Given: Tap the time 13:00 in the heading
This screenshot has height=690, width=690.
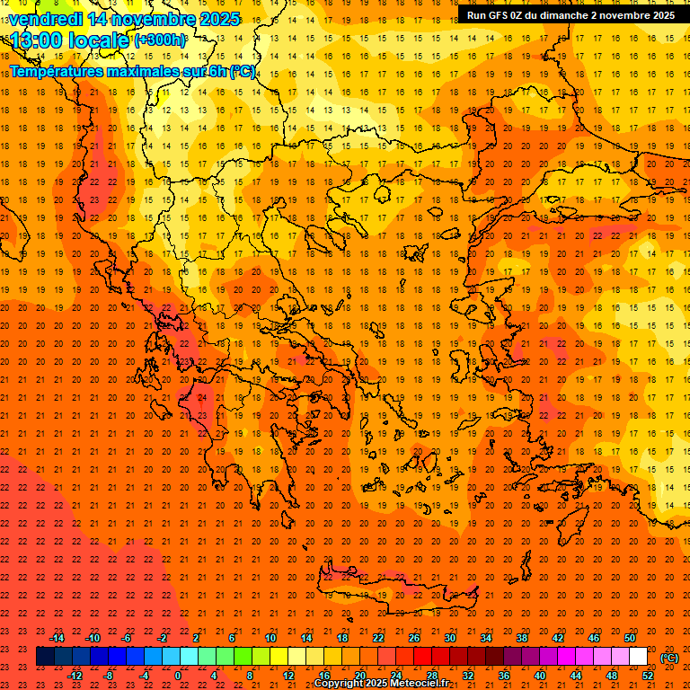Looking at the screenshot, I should pos(38,40).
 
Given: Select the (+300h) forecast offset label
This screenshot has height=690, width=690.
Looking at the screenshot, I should pos(160,40).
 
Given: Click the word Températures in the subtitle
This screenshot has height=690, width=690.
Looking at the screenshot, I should pos(56,72).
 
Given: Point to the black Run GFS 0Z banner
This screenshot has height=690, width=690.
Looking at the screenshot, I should pos(571,14).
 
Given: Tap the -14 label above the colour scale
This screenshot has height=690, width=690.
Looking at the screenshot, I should pos(57,638).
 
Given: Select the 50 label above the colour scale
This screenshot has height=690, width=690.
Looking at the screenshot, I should pos(631,638).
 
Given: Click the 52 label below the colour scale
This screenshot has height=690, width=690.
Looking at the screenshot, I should pos(648,676).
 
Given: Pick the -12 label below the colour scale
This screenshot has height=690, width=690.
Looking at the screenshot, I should pos(75,676).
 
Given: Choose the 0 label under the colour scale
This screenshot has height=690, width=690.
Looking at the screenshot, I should pos(178,676).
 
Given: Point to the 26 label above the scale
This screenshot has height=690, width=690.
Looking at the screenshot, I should pos(414,638).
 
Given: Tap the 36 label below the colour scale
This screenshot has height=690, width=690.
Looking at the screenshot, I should pos(504,676).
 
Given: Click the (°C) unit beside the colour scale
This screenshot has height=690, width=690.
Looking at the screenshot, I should pos(669,658).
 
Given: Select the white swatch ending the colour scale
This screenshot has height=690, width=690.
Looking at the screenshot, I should pos(639,657).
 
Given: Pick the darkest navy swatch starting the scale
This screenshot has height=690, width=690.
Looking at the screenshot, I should pos(45,657).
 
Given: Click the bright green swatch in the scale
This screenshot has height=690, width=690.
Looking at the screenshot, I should pos(243,657).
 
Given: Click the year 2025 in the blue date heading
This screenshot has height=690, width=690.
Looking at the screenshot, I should pos(220,19).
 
